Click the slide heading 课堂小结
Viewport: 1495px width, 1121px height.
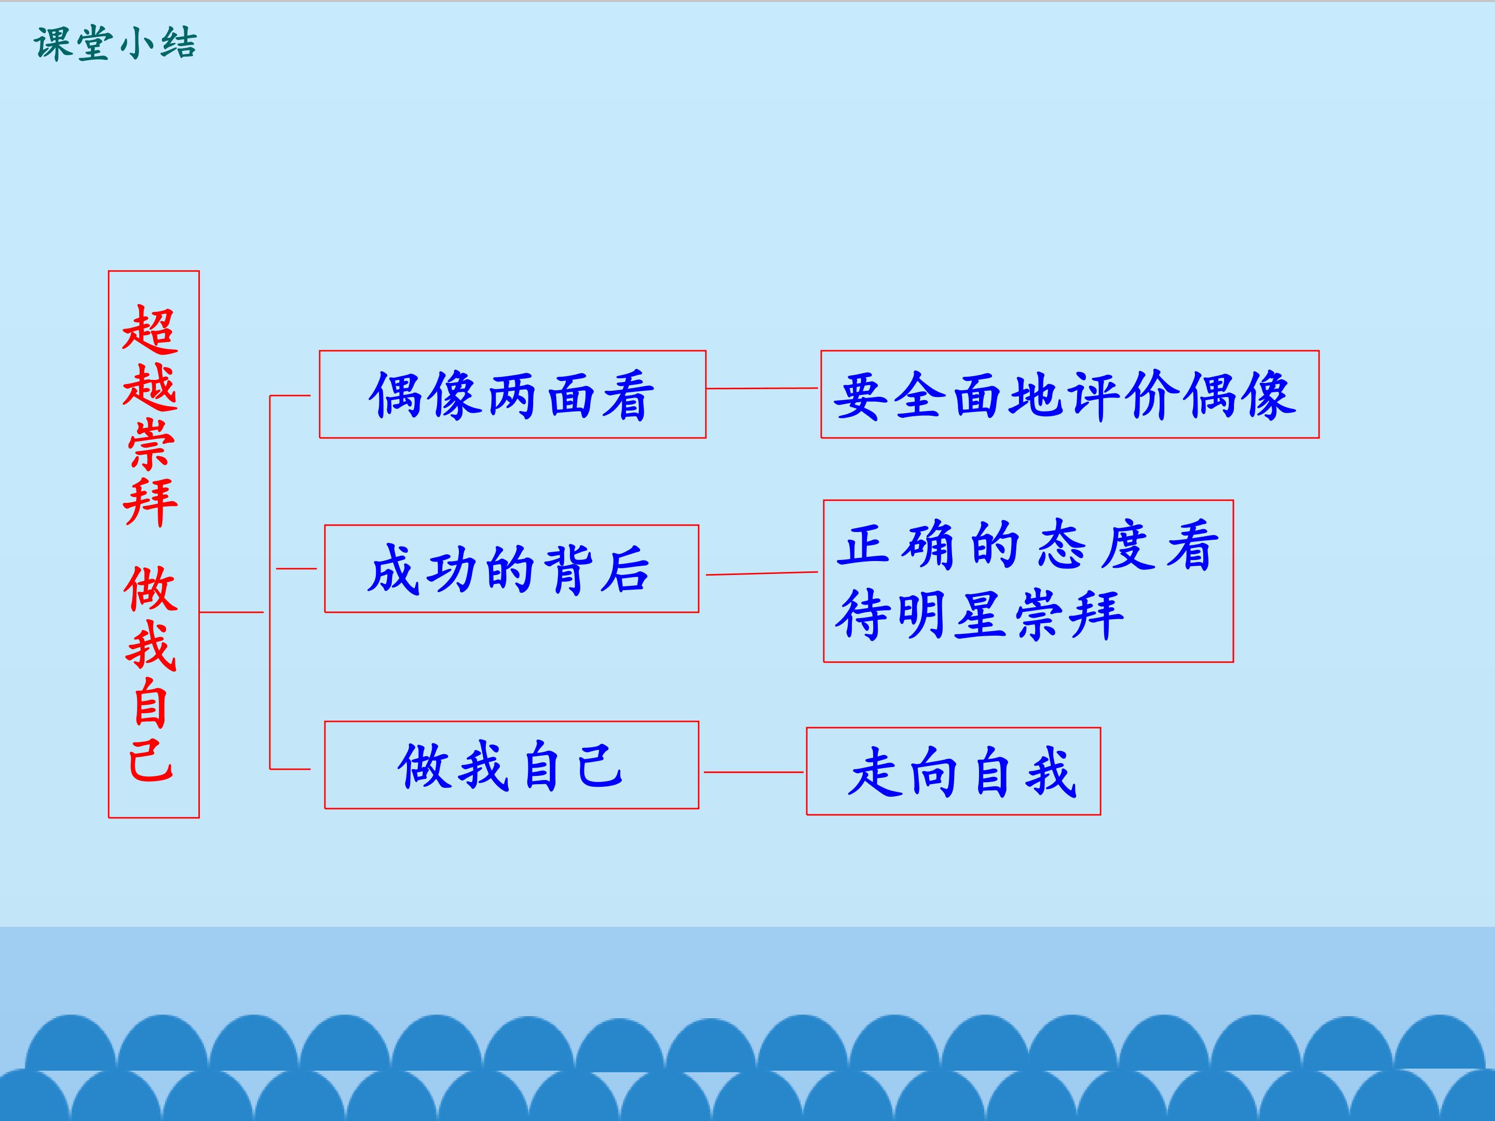coord(115,45)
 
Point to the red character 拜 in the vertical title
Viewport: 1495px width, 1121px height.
coord(150,501)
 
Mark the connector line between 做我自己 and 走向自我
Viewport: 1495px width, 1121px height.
coord(754,772)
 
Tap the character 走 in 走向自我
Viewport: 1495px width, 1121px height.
coord(875,772)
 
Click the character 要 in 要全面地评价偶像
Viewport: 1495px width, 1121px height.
coord(860,396)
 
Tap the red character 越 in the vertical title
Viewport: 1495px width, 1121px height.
coord(150,387)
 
